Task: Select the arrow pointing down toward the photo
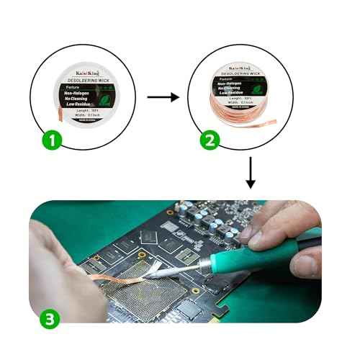pos(251,172)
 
